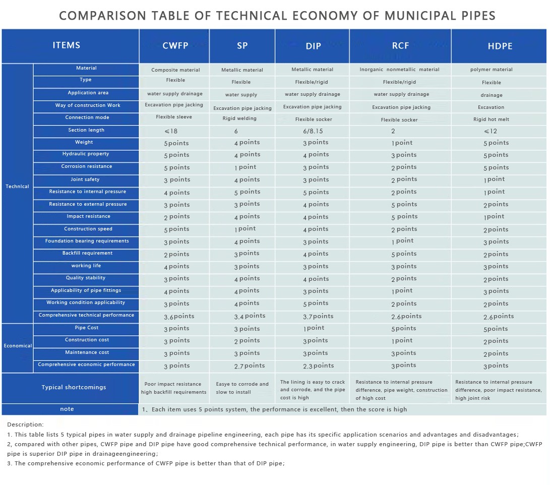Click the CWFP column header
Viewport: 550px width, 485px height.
tap(175, 45)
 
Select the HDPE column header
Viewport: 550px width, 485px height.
tap(500, 46)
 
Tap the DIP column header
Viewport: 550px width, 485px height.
tap(313, 46)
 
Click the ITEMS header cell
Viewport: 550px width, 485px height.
tap(67, 45)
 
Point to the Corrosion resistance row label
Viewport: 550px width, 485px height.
tap(87, 166)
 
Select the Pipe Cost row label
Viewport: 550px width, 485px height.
tap(87, 328)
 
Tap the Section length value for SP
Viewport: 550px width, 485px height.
tap(236, 131)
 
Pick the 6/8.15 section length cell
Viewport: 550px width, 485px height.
tap(313, 131)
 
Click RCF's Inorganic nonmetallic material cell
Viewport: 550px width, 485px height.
tap(399, 70)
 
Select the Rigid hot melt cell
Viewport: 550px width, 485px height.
tap(491, 119)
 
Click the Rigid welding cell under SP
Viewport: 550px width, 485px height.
tap(239, 118)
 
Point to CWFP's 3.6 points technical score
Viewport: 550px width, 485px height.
tap(179, 317)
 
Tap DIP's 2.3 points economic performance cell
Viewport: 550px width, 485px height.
tap(318, 366)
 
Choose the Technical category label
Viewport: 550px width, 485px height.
tap(18, 187)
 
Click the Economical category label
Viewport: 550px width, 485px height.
tap(18, 346)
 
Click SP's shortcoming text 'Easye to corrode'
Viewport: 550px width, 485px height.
tap(242, 384)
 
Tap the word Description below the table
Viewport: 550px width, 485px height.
tap(25, 425)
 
